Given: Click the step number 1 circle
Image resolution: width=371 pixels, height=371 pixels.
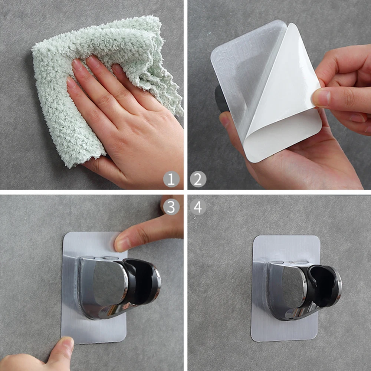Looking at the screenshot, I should click(x=171, y=180).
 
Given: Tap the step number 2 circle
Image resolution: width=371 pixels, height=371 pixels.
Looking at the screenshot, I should click(x=198, y=180).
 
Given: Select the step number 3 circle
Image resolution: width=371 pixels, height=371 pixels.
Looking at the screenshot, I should click(x=171, y=207).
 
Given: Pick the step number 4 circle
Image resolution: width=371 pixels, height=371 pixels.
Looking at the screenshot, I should click(x=198, y=207).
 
